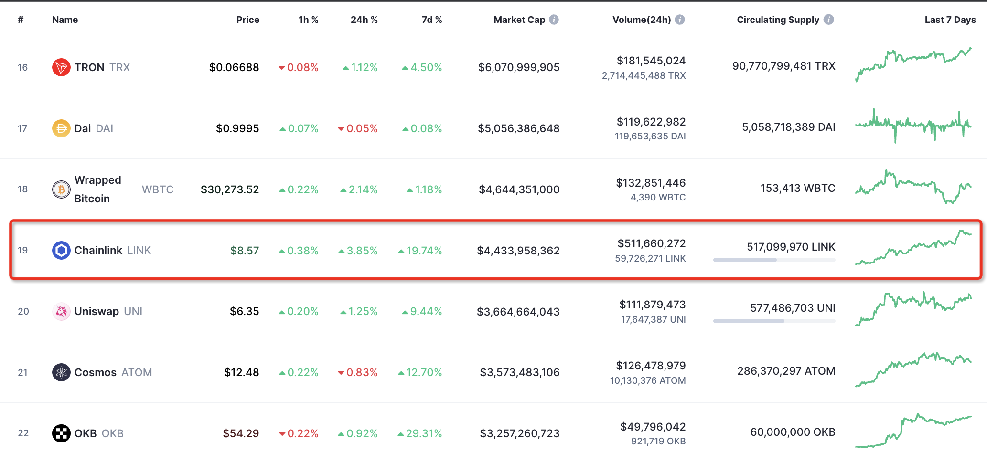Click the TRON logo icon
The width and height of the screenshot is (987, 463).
[61, 67]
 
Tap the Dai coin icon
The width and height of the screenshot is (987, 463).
[61, 128]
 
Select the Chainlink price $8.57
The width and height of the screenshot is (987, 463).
[244, 251]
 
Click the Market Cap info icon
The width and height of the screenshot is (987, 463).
[554, 20]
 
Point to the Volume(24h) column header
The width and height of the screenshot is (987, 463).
[641, 20]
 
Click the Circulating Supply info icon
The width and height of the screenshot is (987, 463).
[829, 20]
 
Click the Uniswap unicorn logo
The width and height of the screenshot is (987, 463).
[61, 312]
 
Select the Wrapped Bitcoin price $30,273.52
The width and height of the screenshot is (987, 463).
[230, 189]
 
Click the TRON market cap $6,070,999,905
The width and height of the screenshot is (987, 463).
[519, 67]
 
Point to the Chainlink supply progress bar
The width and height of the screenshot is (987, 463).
[774, 260]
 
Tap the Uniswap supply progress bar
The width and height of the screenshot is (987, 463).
[774, 321]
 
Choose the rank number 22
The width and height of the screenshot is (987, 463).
[23, 433]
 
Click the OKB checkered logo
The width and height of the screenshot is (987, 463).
[61, 433]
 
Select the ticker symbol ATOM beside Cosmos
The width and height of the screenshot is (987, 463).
[137, 372]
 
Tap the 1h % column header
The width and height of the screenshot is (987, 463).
[308, 20]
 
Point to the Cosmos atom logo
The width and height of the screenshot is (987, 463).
[61, 372]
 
